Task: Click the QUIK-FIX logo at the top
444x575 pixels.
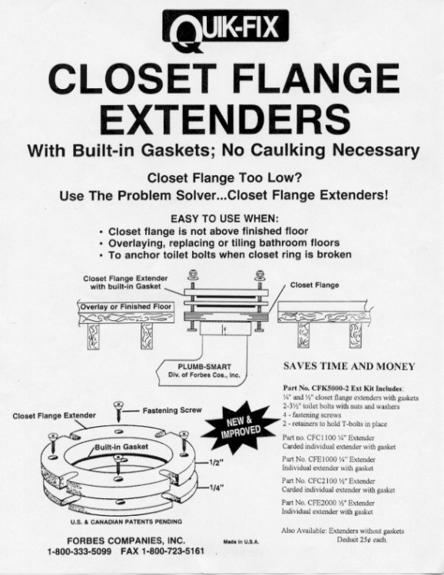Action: coord(225,30)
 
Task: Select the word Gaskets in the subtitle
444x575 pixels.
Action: coord(176,150)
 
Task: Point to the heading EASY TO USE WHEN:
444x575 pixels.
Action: coord(224,219)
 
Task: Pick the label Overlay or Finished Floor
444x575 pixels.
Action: coord(125,306)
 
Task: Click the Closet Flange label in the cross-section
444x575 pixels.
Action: coord(314,285)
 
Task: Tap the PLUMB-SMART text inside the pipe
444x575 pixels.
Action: coord(204,367)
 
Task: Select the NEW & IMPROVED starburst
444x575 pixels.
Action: coord(240,428)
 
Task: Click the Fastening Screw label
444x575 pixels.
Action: coord(172,411)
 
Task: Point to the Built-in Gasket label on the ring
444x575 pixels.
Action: coord(121,447)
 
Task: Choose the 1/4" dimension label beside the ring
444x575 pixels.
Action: coord(216,487)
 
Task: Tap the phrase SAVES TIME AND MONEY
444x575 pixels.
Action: coord(349,366)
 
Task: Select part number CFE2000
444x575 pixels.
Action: coord(320,503)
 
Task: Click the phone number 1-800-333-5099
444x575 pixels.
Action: coord(79,551)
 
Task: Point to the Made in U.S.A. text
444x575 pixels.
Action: coord(241,542)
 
